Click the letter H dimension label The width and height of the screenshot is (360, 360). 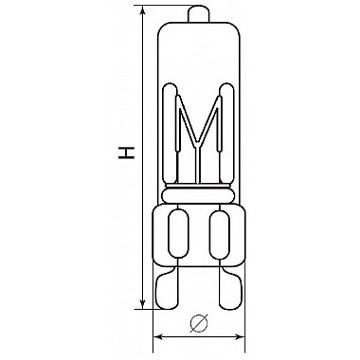click(x=126, y=153)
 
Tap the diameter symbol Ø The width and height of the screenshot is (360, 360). click(x=199, y=323)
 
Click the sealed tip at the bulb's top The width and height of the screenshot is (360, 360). click(x=199, y=13)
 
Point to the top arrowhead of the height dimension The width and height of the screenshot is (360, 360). click(x=143, y=10)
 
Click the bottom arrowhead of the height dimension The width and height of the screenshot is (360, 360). click(x=143, y=303)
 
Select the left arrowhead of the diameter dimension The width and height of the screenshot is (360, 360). click(x=158, y=337)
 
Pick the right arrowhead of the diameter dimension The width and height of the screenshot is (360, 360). click(x=240, y=337)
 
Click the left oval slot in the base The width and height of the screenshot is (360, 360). click(x=178, y=234)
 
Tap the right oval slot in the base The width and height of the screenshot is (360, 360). click(x=220, y=234)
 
